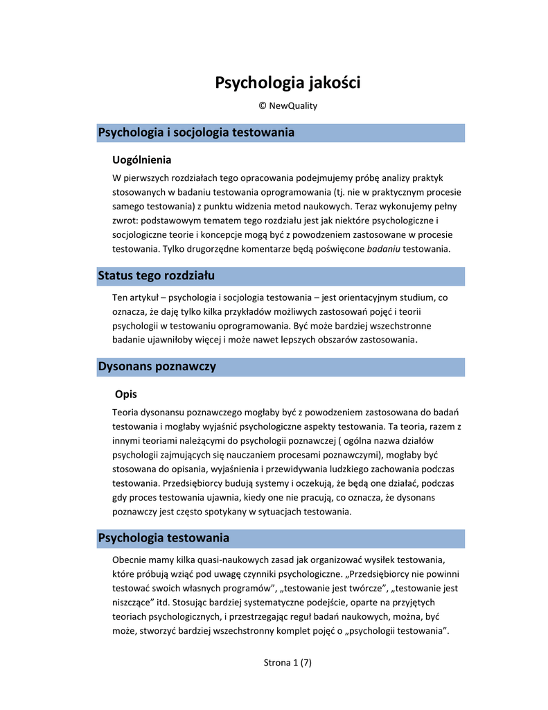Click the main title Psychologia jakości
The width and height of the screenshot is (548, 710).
[288, 83]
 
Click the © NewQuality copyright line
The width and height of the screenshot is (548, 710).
[288, 105]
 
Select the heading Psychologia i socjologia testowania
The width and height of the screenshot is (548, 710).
[196, 132]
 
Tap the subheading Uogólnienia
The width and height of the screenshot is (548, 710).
[142, 160]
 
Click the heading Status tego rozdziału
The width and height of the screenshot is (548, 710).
[157, 276]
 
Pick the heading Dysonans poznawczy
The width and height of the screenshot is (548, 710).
[157, 367]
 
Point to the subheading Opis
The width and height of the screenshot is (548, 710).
[126, 395]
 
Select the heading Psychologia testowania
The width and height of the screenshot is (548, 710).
[163, 538]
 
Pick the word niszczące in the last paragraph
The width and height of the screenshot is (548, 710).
[129, 603]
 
